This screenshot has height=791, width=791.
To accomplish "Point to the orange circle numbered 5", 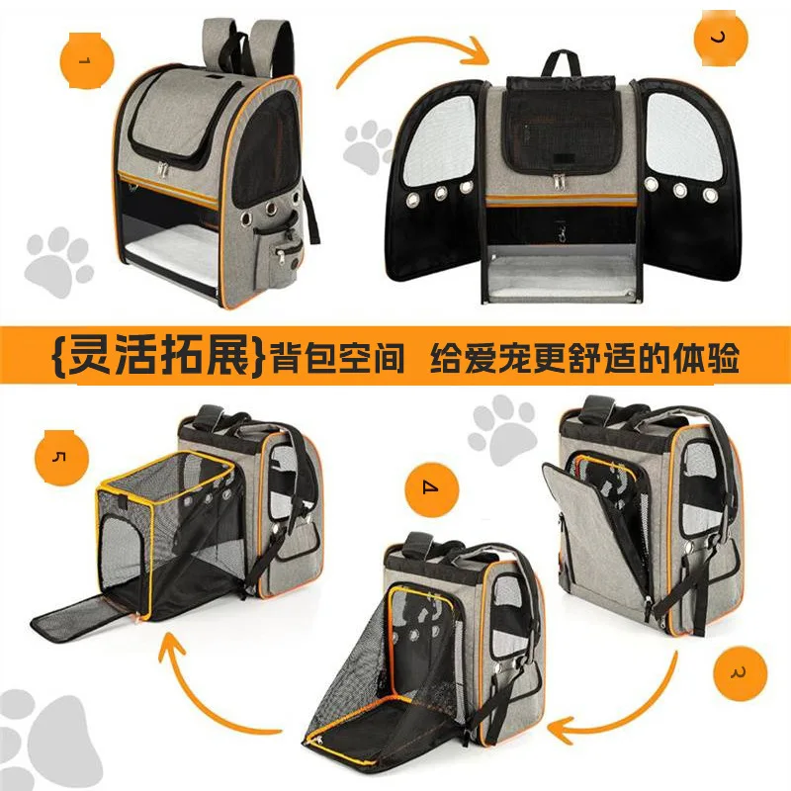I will tap(59, 456).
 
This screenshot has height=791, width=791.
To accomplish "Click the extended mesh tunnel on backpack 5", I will tap(163, 539).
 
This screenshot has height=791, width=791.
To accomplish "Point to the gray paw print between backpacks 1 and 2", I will tap(368, 146).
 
